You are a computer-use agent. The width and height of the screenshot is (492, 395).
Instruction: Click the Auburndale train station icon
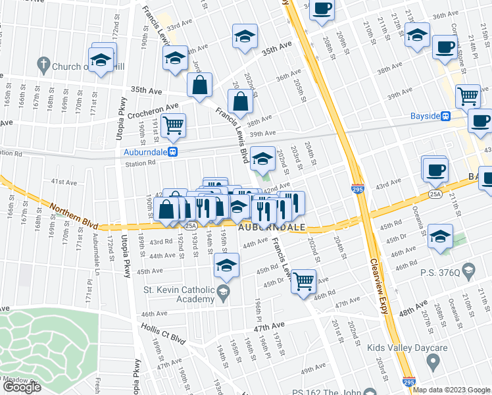coord(172,151)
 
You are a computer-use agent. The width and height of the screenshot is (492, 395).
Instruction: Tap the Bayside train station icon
coord(445,116)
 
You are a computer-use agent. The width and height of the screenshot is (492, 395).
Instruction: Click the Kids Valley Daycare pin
coord(433,361)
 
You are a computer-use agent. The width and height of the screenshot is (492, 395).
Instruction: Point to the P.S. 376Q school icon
coord(468,269)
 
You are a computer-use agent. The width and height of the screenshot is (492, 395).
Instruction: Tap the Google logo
coord(22,387)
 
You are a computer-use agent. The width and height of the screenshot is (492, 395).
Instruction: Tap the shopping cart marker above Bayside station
coord(468,95)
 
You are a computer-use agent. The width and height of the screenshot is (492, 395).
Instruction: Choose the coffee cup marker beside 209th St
coord(322,9)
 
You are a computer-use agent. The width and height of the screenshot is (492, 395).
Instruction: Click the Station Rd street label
coord(139,163)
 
